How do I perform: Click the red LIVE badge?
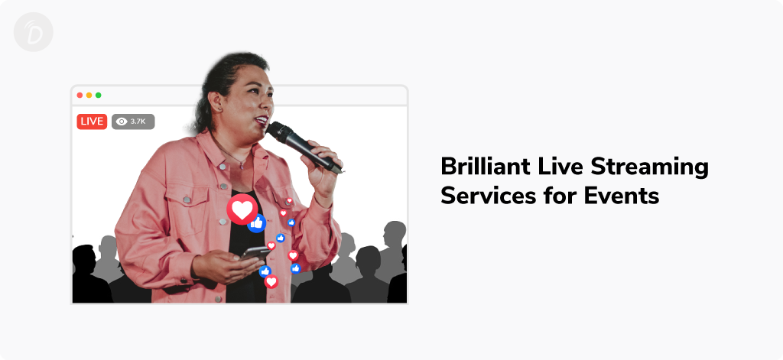(x=92, y=122)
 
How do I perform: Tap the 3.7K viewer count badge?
(x=133, y=122)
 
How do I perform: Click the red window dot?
(x=80, y=95)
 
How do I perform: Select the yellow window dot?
(x=89, y=95)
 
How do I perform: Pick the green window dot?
(x=99, y=95)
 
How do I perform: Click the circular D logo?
(x=34, y=32)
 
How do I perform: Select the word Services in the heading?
(x=482, y=195)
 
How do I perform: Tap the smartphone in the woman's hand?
(x=255, y=252)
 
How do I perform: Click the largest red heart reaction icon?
(x=242, y=209)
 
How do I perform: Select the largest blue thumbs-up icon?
(x=257, y=223)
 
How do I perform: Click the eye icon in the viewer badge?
(x=122, y=122)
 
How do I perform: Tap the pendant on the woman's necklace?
(x=242, y=165)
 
